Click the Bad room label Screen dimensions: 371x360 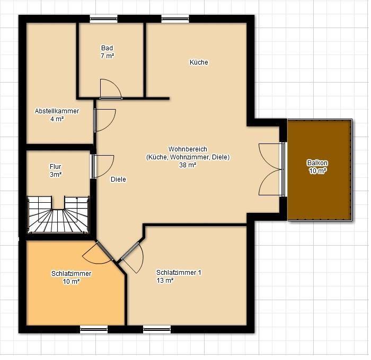click(107, 48)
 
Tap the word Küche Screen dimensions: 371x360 click(199, 62)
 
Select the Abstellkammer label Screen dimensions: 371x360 click(57, 111)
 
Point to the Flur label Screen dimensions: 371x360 click(55, 167)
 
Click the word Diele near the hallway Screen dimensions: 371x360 click(118, 179)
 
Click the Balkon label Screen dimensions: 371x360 click(317, 163)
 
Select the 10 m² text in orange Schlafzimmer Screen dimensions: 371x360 click(71, 282)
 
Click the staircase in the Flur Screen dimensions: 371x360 click(58, 214)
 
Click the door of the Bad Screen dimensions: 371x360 click(111, 89)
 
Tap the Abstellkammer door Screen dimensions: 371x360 click(104, 120)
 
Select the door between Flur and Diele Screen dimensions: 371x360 click(103, 166)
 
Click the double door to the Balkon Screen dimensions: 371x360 click(272, 169)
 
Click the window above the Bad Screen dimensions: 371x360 click(104, 19)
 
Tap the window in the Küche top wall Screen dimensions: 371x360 click(175, 19)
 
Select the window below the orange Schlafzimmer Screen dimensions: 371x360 click(94, 329)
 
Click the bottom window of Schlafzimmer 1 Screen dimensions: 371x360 click(157, 329)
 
